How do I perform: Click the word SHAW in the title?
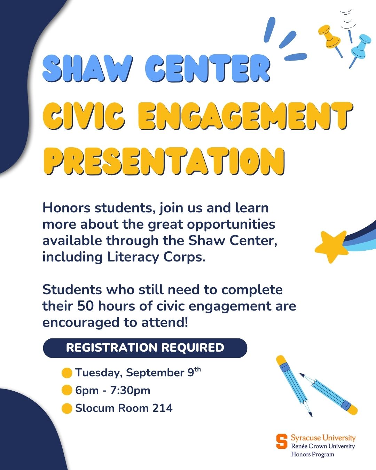[88, 68]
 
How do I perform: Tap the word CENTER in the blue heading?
[208, 68]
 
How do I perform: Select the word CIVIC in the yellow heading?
[84, 116]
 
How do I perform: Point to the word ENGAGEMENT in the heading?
[245, 116]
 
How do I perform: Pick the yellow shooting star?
[332, 246]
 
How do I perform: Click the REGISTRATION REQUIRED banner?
[145, 348]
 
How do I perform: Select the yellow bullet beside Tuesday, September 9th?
[67, 373]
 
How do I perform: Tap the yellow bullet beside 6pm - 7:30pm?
[67, 390]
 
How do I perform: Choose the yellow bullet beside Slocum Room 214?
[67, 408]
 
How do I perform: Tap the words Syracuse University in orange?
[323, 438]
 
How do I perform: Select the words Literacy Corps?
[156, 257]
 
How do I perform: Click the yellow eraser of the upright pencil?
[281, 360]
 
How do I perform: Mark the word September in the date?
[155, 373]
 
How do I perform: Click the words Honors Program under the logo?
[312, 455]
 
